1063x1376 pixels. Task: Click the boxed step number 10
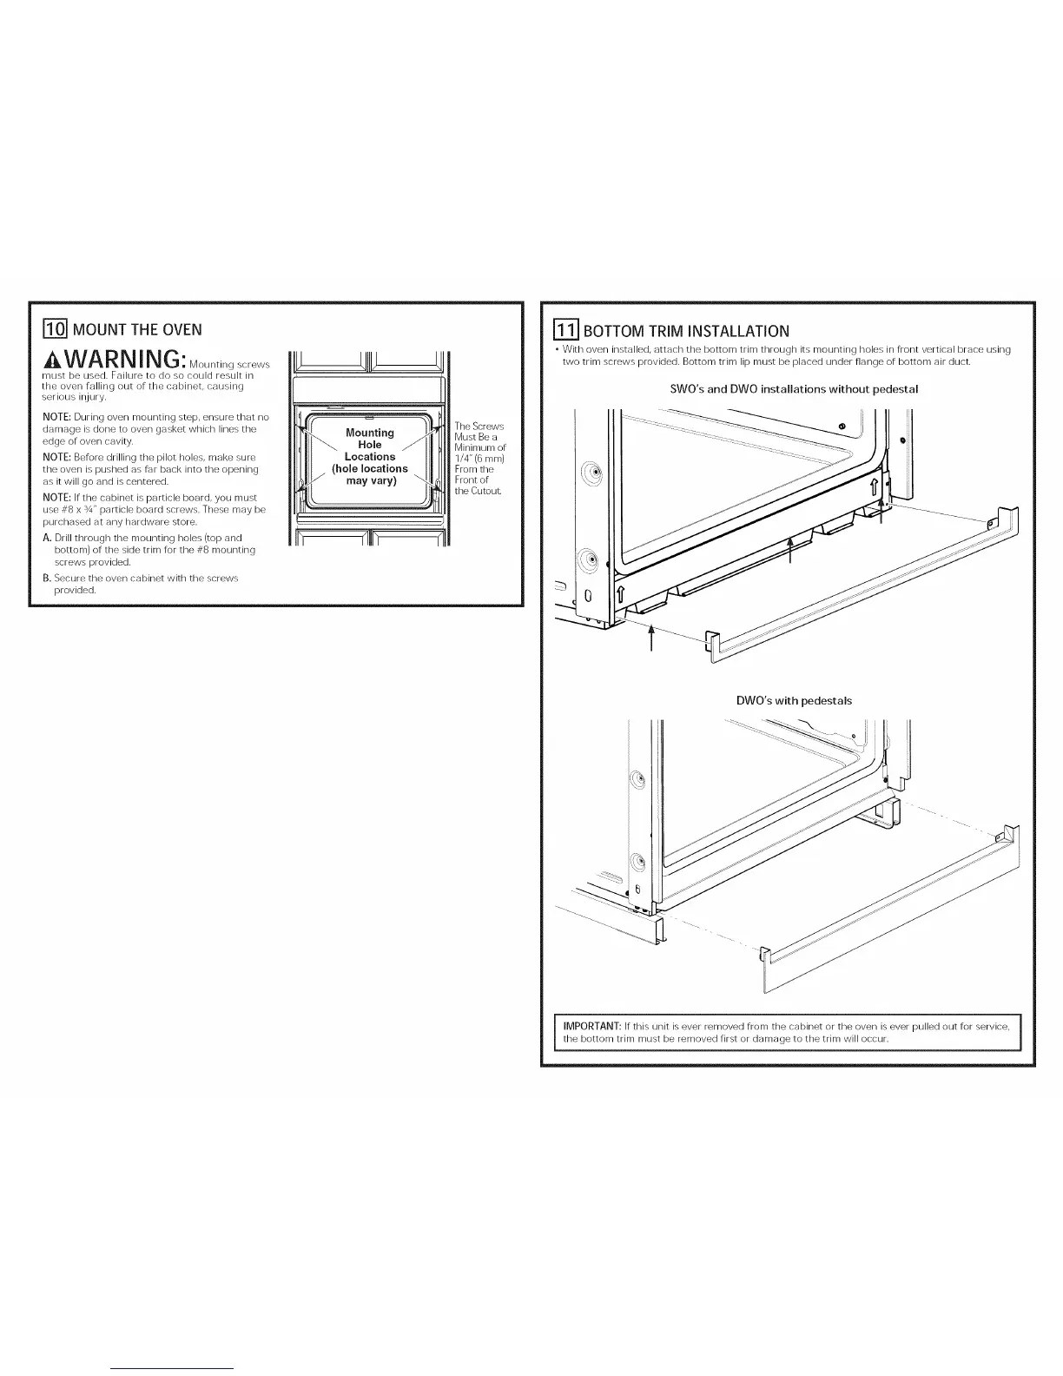[x=54, y=329]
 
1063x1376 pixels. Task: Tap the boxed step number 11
[x=566, y=331]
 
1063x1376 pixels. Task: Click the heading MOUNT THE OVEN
[x=137, y=329]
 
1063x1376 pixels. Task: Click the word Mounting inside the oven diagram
[x=370, y=433]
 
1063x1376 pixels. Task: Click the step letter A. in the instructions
[x=47, y=538]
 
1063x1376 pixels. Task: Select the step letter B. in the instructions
[x=47, y=578]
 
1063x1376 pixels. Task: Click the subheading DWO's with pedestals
[x=794, y=700]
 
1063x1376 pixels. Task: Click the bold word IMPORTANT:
[x=590, y=1026]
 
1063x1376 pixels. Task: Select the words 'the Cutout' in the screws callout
[x=479, y=492]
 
